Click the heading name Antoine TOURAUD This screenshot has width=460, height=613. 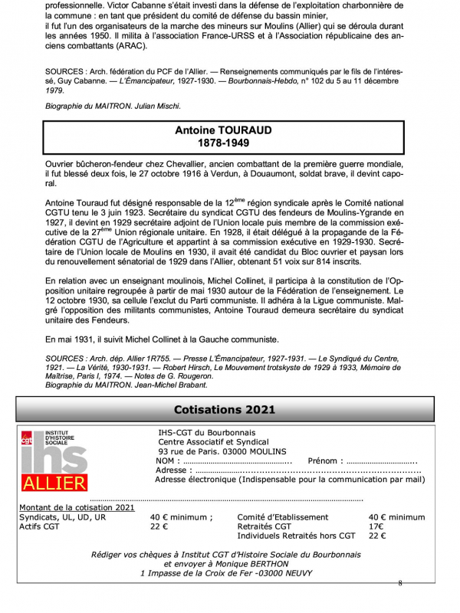coord(223,130)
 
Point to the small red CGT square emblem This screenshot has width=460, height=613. coord(27,438)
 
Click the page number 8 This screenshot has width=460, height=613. coord(399,583)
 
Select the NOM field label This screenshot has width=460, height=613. coord(166,461)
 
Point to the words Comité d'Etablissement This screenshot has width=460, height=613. coord(283,517)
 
